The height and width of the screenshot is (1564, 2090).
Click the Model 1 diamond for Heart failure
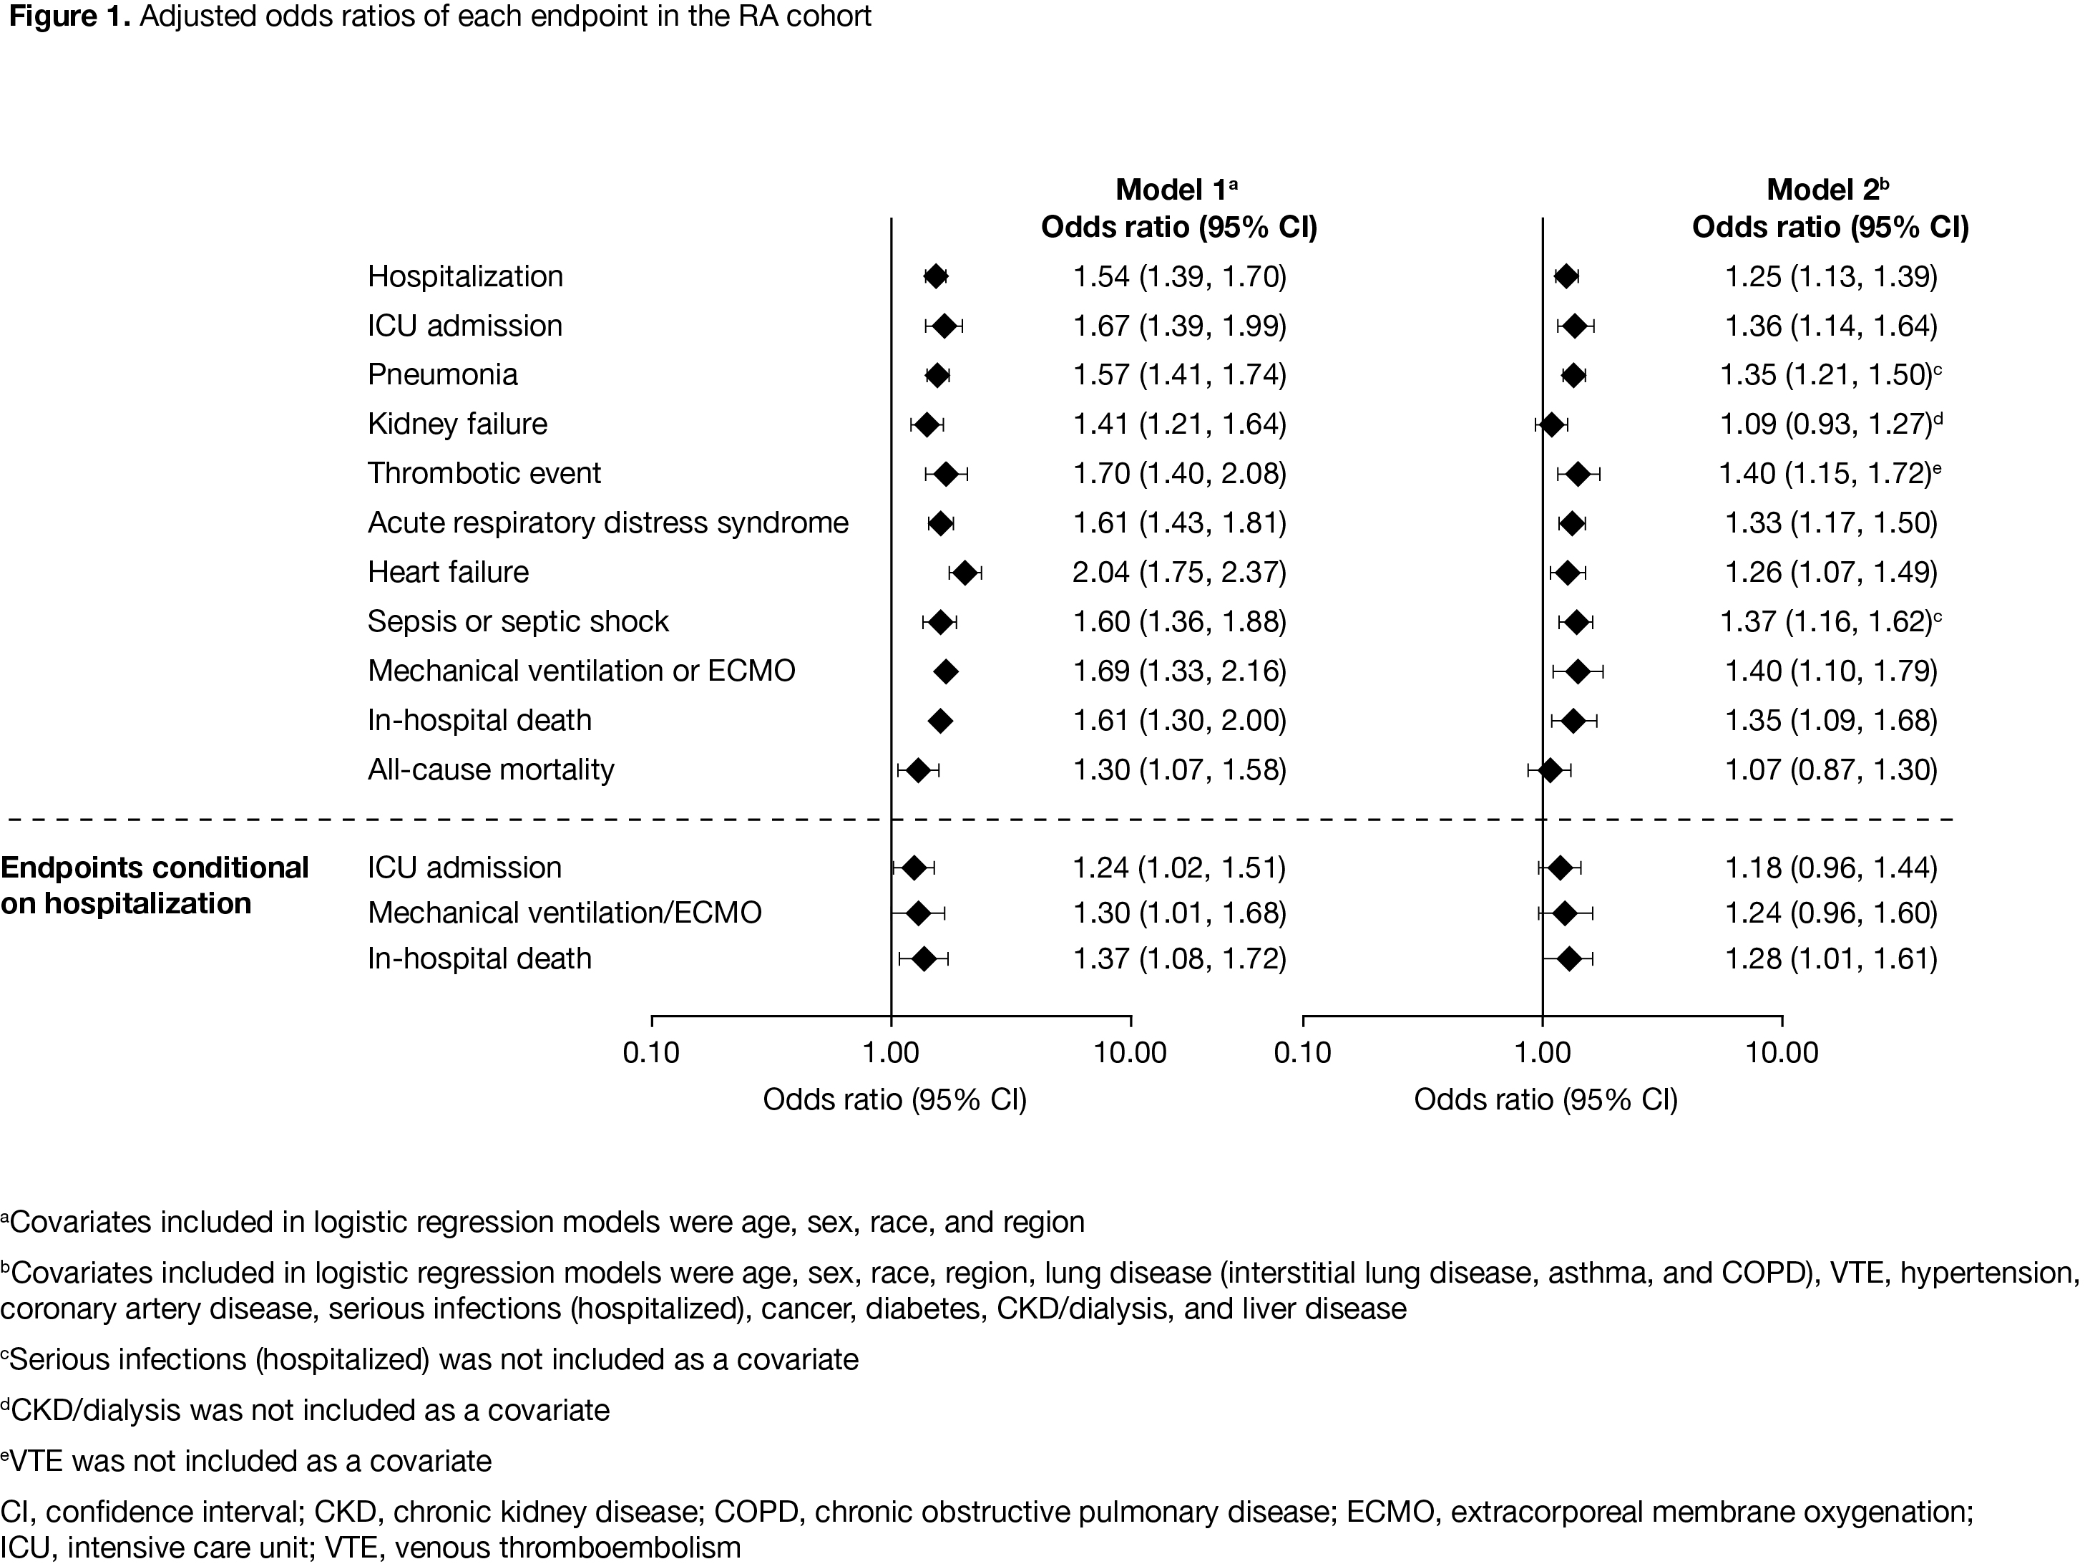(965, 573)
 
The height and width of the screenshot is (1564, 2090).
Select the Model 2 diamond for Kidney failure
(1551, 424)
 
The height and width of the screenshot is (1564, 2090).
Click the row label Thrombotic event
(484, 472)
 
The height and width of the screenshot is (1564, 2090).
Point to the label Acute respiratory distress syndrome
(607, 523)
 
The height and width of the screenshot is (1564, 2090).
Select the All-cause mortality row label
(490, 769)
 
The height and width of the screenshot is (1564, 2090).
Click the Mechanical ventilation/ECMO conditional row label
(564, 912)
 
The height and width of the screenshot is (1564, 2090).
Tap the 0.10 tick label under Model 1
(651, 1051)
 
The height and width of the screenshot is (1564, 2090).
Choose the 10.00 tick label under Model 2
(1781, 1051)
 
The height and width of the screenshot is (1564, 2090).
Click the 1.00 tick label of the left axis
(891, 1051)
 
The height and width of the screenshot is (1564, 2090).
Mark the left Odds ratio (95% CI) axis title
(894, 1099)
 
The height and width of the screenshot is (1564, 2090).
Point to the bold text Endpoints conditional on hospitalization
(155, 885)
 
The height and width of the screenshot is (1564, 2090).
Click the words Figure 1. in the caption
(68, 17)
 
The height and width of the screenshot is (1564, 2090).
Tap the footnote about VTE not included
(248, 1461)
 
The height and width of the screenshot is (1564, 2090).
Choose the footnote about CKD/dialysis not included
(306, 1410)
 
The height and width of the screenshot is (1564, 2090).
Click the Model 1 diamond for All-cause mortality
(917, 770)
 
